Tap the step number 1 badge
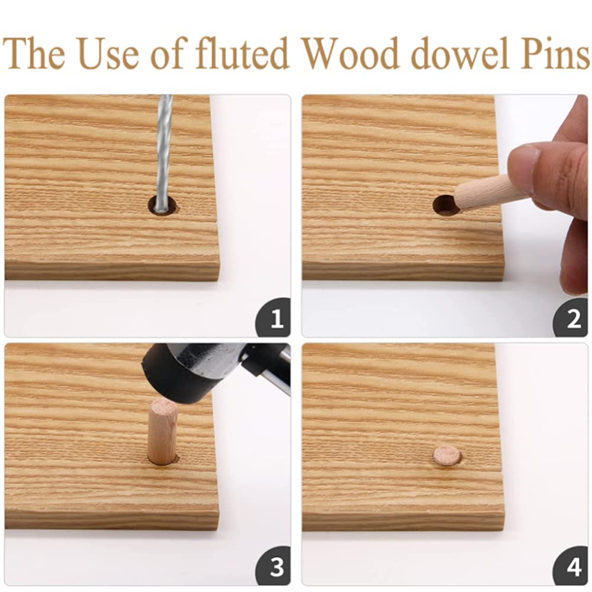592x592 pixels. (x=274, y=318)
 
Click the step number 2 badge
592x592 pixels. (x=571, y=318)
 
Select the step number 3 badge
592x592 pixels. (x=274, y=567)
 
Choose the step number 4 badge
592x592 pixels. (x=571, y=567)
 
